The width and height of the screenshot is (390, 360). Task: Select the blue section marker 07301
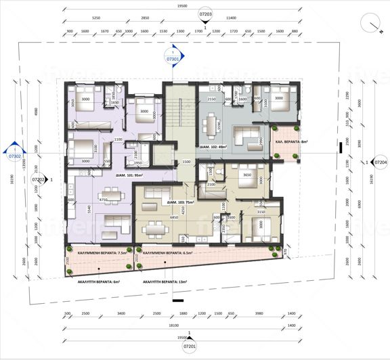(172, 58)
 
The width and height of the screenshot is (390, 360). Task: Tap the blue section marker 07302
(14, 155)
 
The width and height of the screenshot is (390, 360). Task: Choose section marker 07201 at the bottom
(190, 346)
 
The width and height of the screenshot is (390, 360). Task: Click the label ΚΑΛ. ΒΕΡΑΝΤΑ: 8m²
(290, 142)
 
